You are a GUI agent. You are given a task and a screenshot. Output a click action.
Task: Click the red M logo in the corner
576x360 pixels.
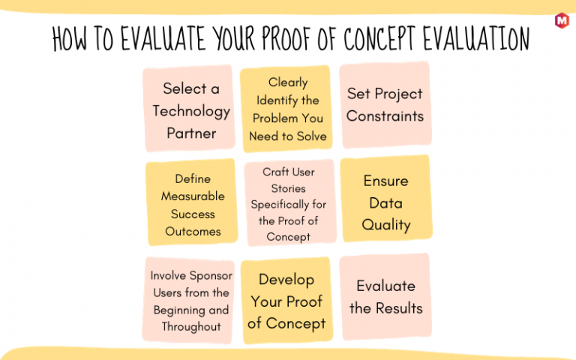pyautogui.click(x=562, y=20)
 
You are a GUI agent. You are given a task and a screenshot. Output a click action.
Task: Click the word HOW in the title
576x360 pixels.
pyautogui.click(x=70, y=38)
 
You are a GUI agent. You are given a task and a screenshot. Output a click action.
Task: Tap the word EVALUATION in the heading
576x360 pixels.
pyautogui.click(x=476, y=37)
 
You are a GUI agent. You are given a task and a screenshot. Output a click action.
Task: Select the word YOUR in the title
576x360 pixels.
pyautogui.click(x=234, y=38)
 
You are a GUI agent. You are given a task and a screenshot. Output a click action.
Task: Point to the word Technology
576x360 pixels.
pyautogui.click(x=191, y=111)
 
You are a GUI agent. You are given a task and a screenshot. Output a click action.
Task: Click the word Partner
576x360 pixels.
pyautogui.click(x=191, y=133)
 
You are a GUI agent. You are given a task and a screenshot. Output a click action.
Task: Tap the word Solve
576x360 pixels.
pyautogui.click(x=311, y=136)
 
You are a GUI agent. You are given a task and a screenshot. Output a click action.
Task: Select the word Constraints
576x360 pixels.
pyautogui.click(x=385, y=116)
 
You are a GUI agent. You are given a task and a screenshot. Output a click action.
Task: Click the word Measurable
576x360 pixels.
pyautogui.click(x=193, y=196)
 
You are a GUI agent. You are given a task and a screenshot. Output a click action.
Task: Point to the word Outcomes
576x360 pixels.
pyautogui.click(x=193, y=232)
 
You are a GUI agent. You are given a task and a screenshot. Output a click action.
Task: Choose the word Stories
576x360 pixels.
pyautogui.click(x=288, y=188)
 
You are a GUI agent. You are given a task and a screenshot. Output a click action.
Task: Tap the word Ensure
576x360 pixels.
pyautogui.click(x=385, y=181)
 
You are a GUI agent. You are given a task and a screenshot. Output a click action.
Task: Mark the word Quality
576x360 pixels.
pyautogui.click(x=385, y=225)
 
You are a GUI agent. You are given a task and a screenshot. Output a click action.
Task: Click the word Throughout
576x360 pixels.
pyautogui.click(x=191, y=326)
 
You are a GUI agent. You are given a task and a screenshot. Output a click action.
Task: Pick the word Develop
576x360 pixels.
pyautogui.click(x=286, y=280)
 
